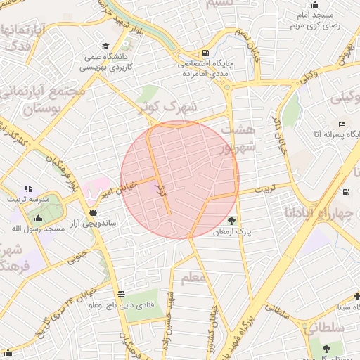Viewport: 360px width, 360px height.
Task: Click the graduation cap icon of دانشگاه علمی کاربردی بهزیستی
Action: (x=105, y=44)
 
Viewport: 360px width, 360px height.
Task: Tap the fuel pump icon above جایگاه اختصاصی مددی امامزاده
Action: (x=205, y=53)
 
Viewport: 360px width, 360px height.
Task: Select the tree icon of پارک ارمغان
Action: (x=232, y=219)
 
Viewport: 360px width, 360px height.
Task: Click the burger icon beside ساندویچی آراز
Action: (x=94, y=212)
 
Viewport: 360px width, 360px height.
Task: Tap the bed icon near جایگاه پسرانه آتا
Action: (x=342, y=124)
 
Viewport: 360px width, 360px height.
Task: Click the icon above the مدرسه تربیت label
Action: (x=28, y=188)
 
